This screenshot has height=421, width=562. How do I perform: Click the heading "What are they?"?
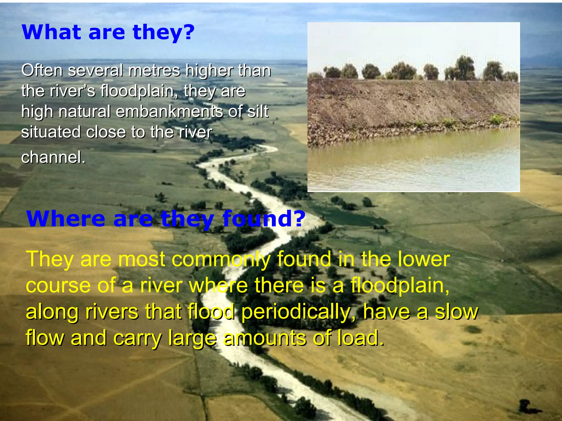(108, 32)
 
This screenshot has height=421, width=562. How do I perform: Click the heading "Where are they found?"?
(166, 218)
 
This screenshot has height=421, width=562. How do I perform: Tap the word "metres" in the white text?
(154, 70)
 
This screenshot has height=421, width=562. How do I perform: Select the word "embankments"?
(169, 112)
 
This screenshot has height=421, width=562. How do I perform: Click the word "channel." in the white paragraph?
(53, 157)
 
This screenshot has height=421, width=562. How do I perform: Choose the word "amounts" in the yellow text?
(265, 338)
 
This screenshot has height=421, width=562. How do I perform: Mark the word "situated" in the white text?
(51, 132)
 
